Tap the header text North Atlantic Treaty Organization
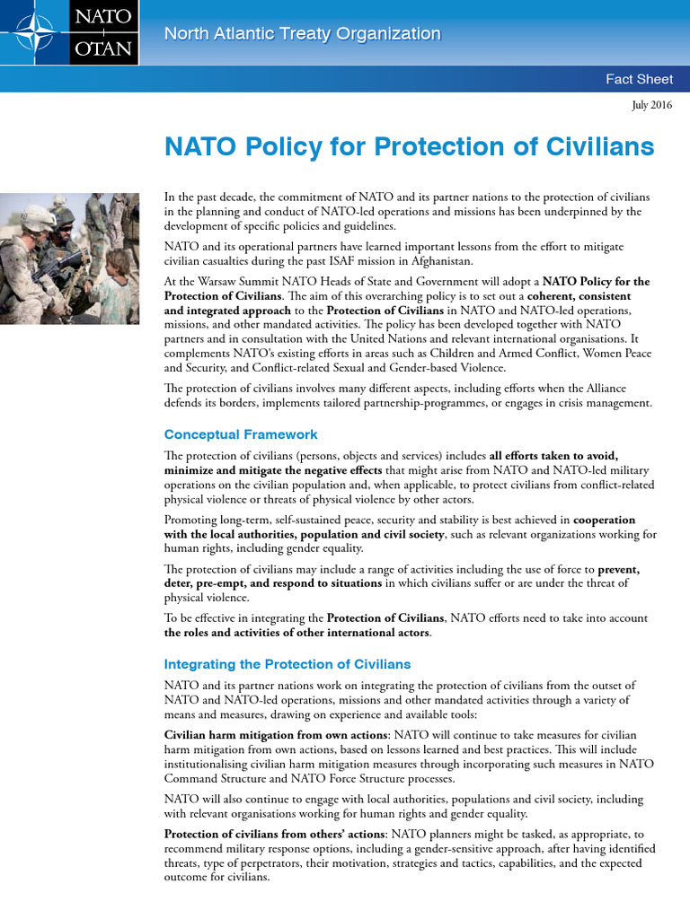[302, 34]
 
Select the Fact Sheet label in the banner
[639, 79]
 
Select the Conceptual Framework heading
[241, 434]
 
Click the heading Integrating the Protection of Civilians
[287, 664]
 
